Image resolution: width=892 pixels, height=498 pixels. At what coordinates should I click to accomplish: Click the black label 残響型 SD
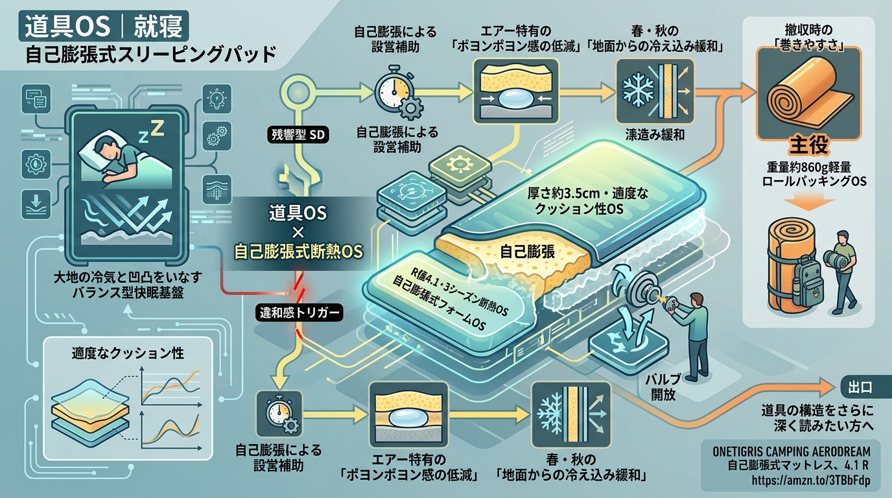click(x=298, y=135)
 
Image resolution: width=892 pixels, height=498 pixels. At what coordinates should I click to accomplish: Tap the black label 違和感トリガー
click(x=299, y=313)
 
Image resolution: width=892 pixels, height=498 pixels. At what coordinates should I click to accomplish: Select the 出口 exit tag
click(x=860, y=387)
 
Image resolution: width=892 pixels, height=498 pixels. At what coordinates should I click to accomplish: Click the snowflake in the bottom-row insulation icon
click(x=552, y=415)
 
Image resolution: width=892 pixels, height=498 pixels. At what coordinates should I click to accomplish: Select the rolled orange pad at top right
click(x=808, y=93)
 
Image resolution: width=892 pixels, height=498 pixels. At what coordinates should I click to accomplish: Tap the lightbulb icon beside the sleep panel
click(x=217, y=99)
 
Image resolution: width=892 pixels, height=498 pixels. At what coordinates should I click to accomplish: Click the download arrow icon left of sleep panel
click(x=36, y=204)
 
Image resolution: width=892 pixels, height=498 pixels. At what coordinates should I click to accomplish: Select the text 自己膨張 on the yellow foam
click(x=527, y=252)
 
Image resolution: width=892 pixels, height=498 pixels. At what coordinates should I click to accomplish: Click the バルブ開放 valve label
click(x=663, y=387)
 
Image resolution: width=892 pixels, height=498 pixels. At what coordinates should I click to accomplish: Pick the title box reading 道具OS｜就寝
click(x=104, y=27)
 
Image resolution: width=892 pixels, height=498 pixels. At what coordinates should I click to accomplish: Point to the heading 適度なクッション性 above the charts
click(x=128, y=353)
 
